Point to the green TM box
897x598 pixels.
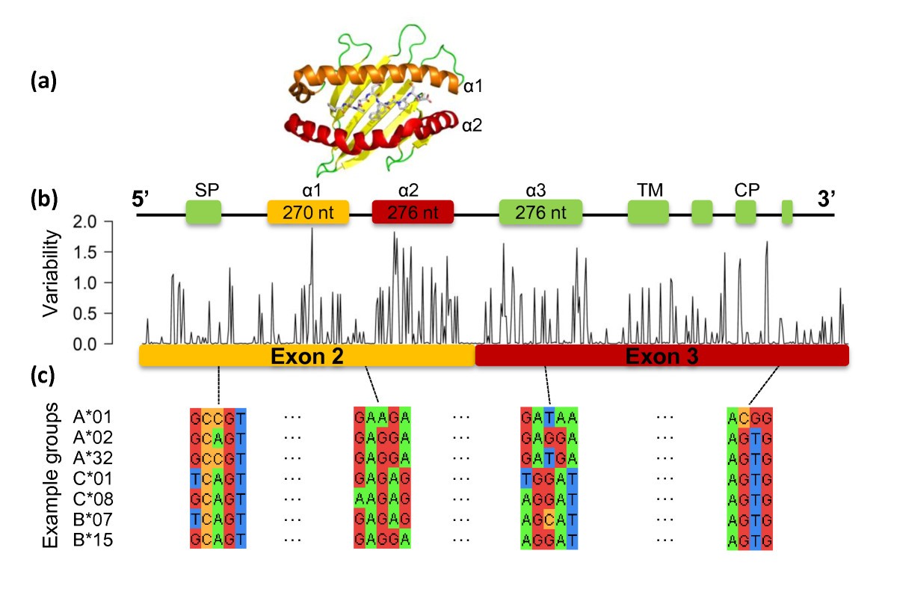coord(648,213)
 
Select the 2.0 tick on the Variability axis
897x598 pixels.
coord(84,222)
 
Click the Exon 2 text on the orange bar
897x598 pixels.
coord(306,357)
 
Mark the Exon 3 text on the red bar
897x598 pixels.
coord(662,357)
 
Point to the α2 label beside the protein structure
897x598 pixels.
coord(472,126)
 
